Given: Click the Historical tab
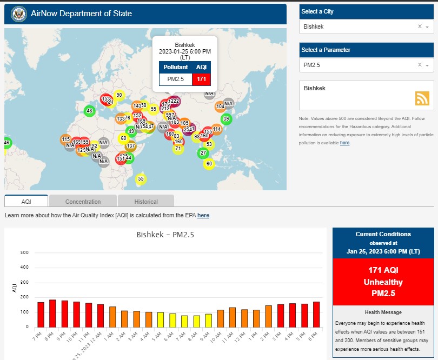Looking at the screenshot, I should click(146, 202).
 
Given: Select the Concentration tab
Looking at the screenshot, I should click(83, 202).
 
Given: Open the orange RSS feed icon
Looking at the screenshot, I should click(422, 98).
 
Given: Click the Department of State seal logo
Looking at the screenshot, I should click(18, 13).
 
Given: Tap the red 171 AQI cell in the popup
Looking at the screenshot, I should click(201, 79).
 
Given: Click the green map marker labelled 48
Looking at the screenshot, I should click(89, 111).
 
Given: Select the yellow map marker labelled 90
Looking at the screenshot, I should click(119, 95).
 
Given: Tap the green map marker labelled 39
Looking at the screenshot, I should click(226, 119).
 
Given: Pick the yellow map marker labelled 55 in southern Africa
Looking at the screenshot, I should click(141, 178).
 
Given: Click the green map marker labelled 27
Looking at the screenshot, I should click(203, 153).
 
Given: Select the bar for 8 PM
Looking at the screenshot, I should click(52, 313).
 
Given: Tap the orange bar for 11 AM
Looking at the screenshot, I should click(233, 317).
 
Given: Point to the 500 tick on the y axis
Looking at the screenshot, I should click(24, 252).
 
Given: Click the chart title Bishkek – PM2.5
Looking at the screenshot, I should click(165, 235).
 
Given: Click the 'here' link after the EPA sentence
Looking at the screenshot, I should click(203, 215).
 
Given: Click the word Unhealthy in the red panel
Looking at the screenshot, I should click(383, 282).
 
